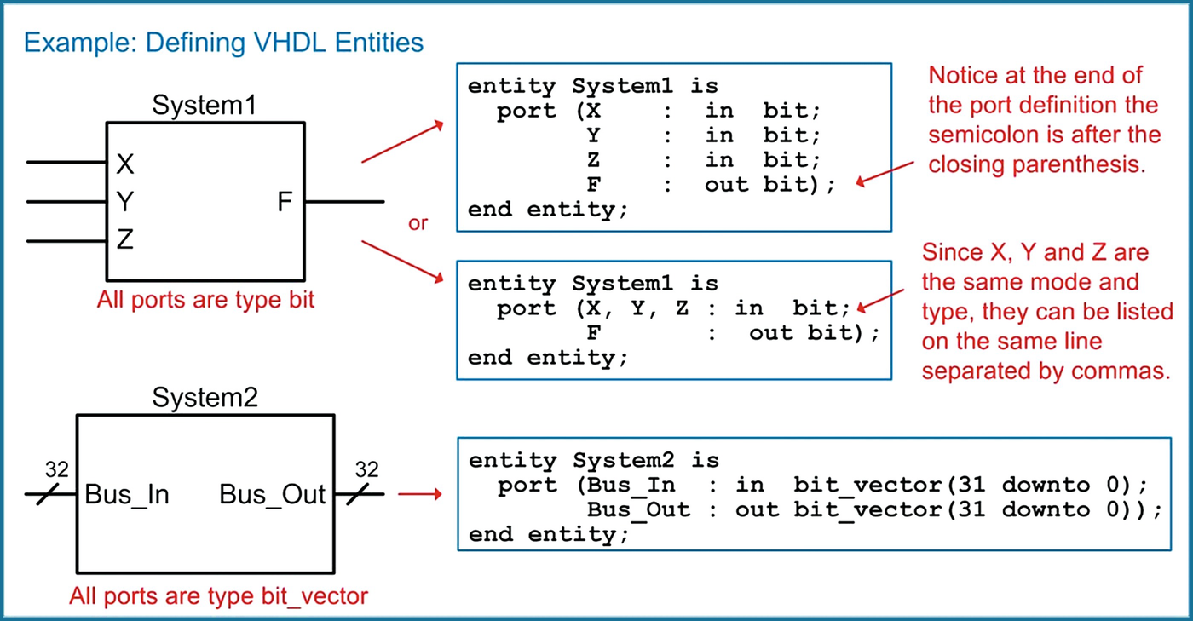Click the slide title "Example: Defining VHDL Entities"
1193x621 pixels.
[223, 42]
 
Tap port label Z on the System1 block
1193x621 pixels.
[124, 241]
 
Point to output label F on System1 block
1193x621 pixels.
[285, 203]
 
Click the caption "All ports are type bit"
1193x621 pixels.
[205, 300]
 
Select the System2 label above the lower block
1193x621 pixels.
[205, 398]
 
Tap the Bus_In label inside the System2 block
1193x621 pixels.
[127, 495]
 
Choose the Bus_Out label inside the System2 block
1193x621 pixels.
[273, 495]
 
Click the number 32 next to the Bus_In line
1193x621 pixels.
[56, 469]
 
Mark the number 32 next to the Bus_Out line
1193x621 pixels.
[366, 469]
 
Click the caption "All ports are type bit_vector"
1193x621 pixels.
[218, 595]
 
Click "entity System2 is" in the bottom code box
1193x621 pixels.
[594, 461]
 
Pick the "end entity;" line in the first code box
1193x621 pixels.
[548, 210]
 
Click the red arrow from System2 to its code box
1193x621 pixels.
[420, 494]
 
